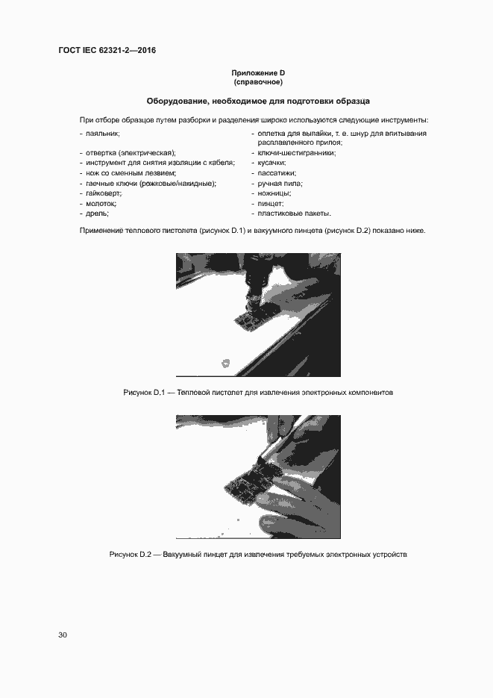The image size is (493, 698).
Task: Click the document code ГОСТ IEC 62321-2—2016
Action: click(107, 50)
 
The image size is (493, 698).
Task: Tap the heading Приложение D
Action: click(258, 73)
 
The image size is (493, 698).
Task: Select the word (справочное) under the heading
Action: click(258, 82)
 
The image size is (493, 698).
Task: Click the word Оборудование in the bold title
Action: click(176, 102)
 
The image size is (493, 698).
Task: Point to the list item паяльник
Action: click(103, 134)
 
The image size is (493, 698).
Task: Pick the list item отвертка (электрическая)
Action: click(131, 153)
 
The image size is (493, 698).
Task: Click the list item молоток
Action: click(101, 204)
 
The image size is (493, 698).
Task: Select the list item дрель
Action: click(97, 214)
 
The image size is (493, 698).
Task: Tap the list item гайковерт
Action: click(103, 193)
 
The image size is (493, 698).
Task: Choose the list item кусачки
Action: click(271, 163)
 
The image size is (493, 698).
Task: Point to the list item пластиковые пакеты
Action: click(295, 214)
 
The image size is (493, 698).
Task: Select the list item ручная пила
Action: click(280, 184)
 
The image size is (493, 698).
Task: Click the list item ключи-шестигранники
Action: click(297, 153)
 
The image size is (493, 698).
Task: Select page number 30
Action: click(63, 635)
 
